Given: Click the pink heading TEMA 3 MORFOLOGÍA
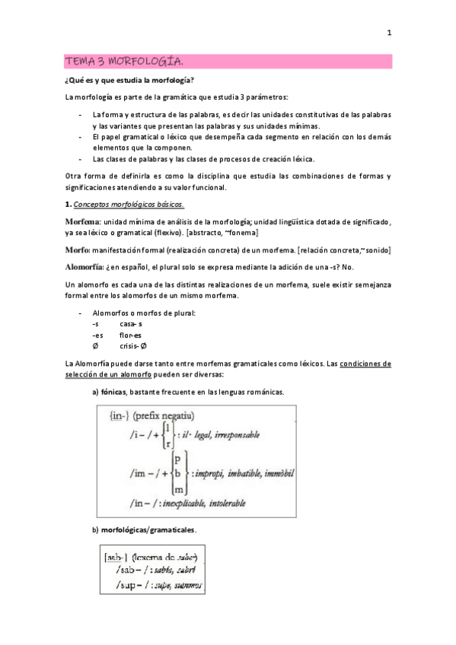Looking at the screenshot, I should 124,61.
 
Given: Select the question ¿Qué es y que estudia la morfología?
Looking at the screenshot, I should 129,80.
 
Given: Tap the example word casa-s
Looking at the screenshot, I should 131,323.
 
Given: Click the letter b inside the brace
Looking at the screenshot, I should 177,473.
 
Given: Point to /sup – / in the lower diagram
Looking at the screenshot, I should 126,586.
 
